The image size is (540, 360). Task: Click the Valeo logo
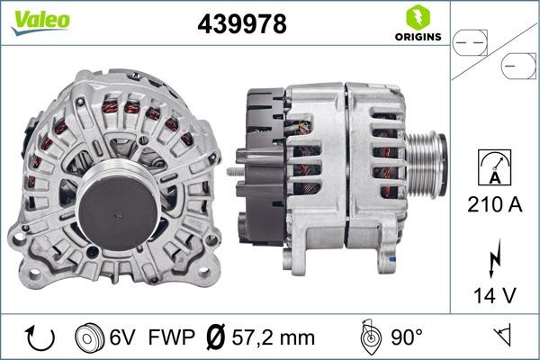(x=40, y=20)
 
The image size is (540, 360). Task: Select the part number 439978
(x=241, y=24)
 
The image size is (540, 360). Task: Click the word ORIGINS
(x=417, y=37)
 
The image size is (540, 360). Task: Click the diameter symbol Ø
(x=216, y=337)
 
